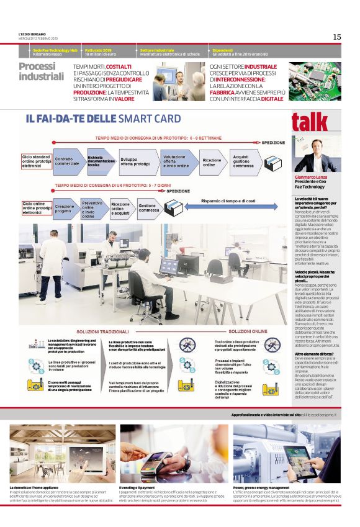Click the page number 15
pos(336,37)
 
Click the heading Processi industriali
pos(41,71)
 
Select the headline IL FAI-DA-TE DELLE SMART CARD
pos(103,119)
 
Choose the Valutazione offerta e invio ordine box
pos(177,161)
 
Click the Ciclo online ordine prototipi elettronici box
pos(35,208)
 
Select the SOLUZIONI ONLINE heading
pos(248,331)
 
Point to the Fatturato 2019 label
pos(98,50)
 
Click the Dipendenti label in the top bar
pos(222,50)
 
